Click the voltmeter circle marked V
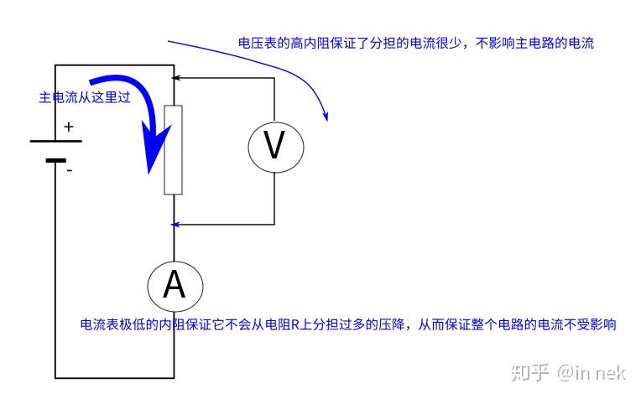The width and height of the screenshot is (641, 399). point(274,147)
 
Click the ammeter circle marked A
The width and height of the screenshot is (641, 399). point(174,286)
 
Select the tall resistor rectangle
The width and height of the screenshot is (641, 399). point(174,150)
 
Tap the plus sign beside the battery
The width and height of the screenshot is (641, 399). point(69,127)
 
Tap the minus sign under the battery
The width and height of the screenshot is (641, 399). point(69,170)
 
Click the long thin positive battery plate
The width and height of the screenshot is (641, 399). point(56,141)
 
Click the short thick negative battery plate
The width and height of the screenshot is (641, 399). point(56,160)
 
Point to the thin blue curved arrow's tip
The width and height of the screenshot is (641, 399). point(326,118)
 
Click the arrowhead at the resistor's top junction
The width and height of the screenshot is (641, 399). point(175,78)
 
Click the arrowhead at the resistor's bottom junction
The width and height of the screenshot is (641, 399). point(175,225)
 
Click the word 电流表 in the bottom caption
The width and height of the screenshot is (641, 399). point(95,324)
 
